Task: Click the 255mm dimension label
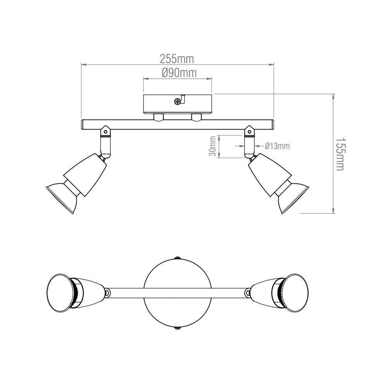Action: coord(177,59)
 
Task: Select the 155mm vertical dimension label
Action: coord(340,154)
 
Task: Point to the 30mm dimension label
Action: coord(212,146)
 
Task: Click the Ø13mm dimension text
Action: coord(277,146)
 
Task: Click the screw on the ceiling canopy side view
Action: coord(178,101)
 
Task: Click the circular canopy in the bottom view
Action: coord(178,293)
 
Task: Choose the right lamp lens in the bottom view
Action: coord(297,293)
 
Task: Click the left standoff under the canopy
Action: coord(158,117)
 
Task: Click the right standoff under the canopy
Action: coord(197,117)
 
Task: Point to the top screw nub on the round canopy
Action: coord(178,257)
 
